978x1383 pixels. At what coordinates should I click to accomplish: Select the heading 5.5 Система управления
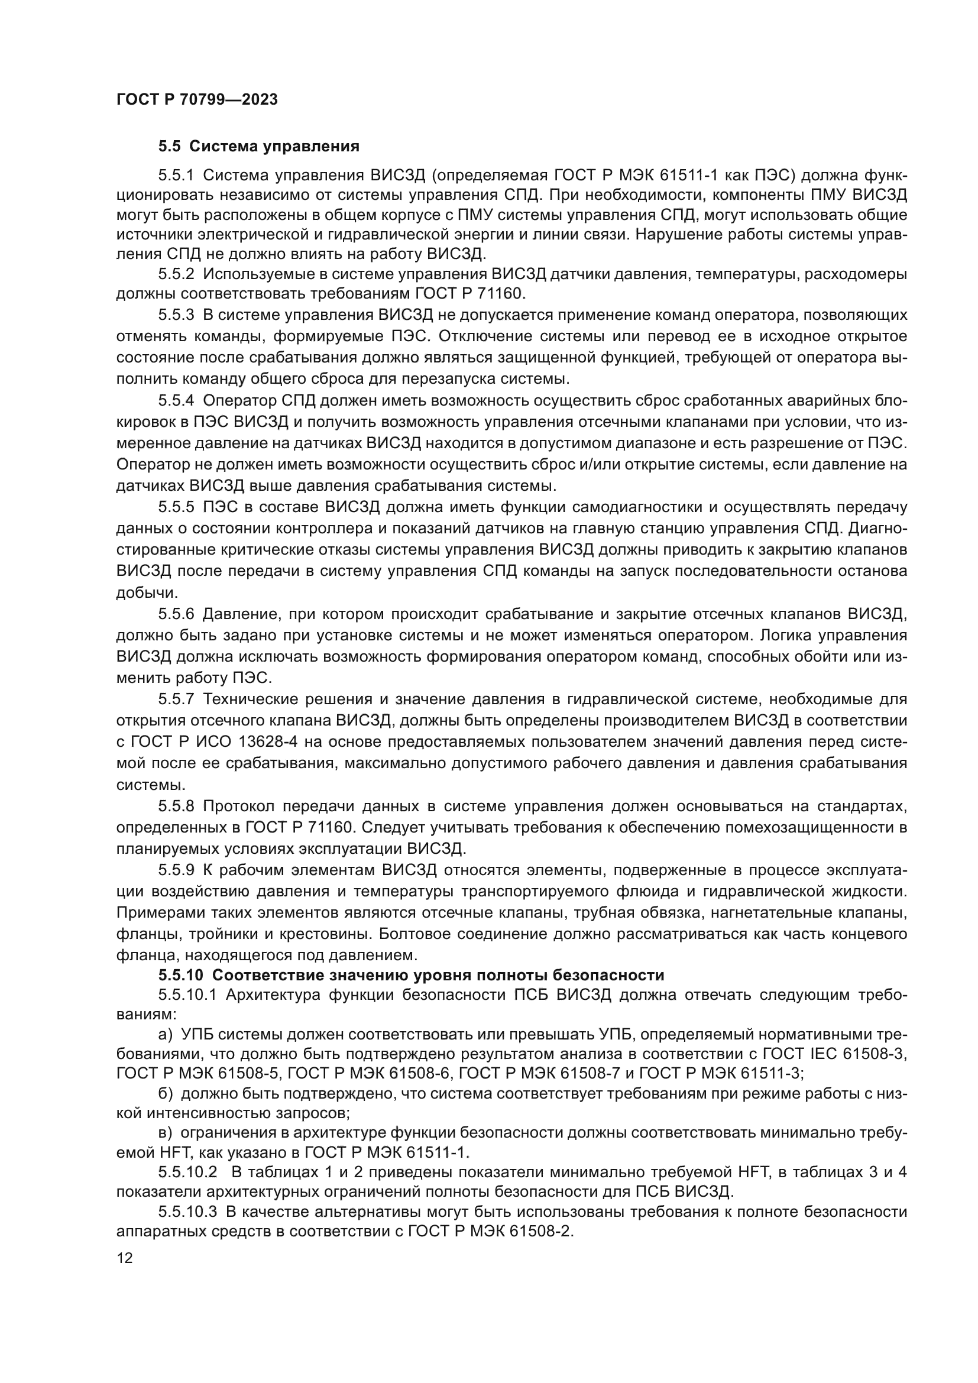259,147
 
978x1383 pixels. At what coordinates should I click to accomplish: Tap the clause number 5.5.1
176,176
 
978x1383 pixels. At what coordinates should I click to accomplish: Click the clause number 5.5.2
176,274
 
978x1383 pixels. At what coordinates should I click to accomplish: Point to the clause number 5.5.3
176,315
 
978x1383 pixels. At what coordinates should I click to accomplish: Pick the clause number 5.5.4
176,400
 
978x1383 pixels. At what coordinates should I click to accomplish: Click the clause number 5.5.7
176,699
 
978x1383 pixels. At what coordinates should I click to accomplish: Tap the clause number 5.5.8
176,807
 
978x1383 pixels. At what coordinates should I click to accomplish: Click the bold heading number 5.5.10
182,975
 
